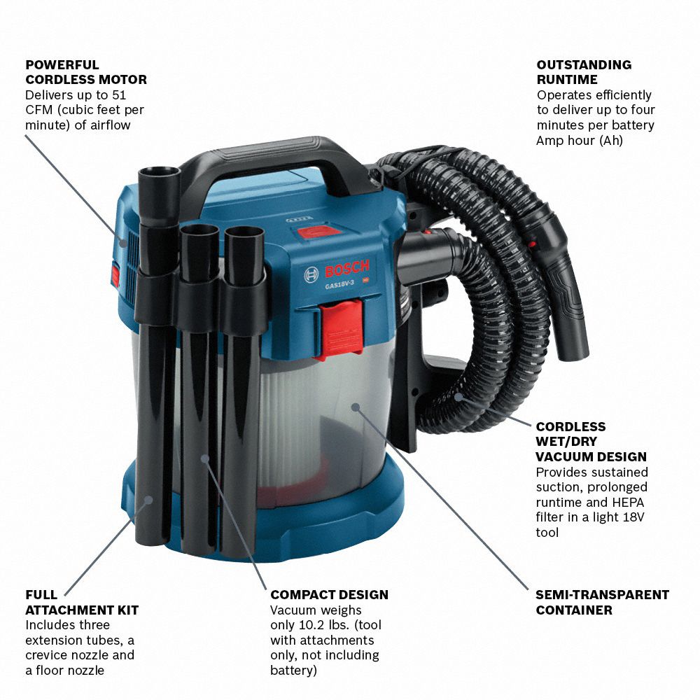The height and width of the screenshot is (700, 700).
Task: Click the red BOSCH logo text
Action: (x=347, y=269)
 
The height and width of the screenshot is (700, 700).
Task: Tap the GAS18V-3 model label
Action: (x=339, y=284)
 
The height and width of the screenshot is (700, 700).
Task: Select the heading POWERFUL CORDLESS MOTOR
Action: (x=85, y=72)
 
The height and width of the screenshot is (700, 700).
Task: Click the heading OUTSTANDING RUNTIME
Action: (x=584, y=72)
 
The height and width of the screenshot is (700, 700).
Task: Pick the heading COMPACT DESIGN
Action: (x=329, y=594)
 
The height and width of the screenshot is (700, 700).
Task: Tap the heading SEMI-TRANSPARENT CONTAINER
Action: (x=602, y=602)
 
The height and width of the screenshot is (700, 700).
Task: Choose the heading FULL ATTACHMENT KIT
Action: (x=82, y=602)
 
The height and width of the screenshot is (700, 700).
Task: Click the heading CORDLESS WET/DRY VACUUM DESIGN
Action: (x=591, y=442)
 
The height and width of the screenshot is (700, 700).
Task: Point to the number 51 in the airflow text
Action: (x=119, y=95)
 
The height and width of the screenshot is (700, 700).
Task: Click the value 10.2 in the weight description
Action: (x=313, y=625)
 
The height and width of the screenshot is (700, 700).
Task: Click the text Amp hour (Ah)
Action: (x=580, y=140)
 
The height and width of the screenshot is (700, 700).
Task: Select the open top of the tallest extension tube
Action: (x=159, y=171)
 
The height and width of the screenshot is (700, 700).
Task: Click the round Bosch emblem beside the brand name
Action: (x=311, y=275)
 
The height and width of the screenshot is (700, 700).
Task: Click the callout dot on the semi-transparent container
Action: (x=356, y=407)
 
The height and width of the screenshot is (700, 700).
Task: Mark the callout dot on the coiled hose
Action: (x=458, y=396)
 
